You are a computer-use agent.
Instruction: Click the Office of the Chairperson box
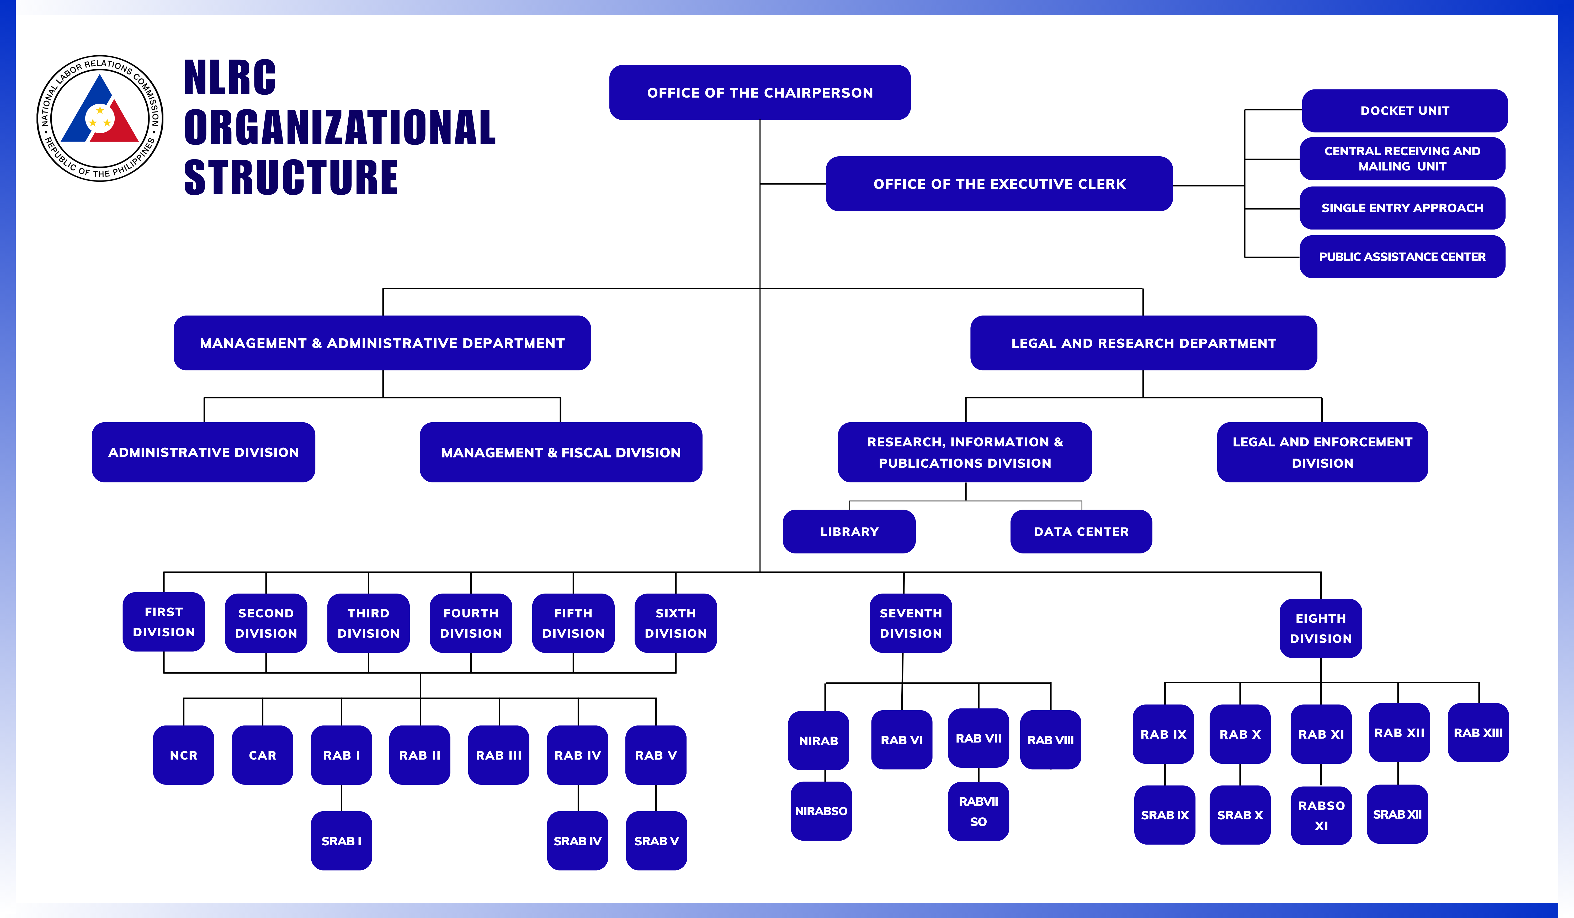coord(759,92)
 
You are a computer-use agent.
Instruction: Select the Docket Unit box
coord(1404,110)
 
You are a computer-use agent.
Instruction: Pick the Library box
coord(849,531)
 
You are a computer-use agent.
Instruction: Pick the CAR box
coord(262,755)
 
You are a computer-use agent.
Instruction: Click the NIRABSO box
coord(821,810)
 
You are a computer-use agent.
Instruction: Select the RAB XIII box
coord(1478,733)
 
